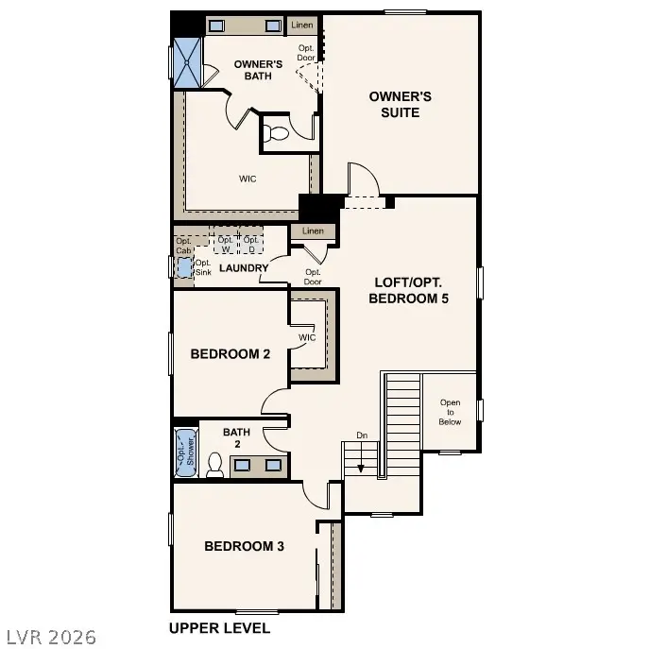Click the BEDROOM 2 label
[x=231, y=354]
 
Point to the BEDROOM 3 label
[x=245, y=546]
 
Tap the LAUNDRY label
[x=244, y=268]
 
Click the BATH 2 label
[x=236, y=438]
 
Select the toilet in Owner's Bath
[x=276, y=133]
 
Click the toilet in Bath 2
[x=214, y=465]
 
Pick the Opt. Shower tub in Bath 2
[x=185, y=452]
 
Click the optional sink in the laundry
[x=183, y=267]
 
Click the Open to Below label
[x=451, y=412]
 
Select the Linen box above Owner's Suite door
[x=301, y=25]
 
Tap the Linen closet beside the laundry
[x=313, y=231]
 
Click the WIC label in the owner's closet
[x=248, y=178]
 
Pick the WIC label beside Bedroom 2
[x=307, y=337]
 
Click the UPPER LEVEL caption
[x=219, y=628]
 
